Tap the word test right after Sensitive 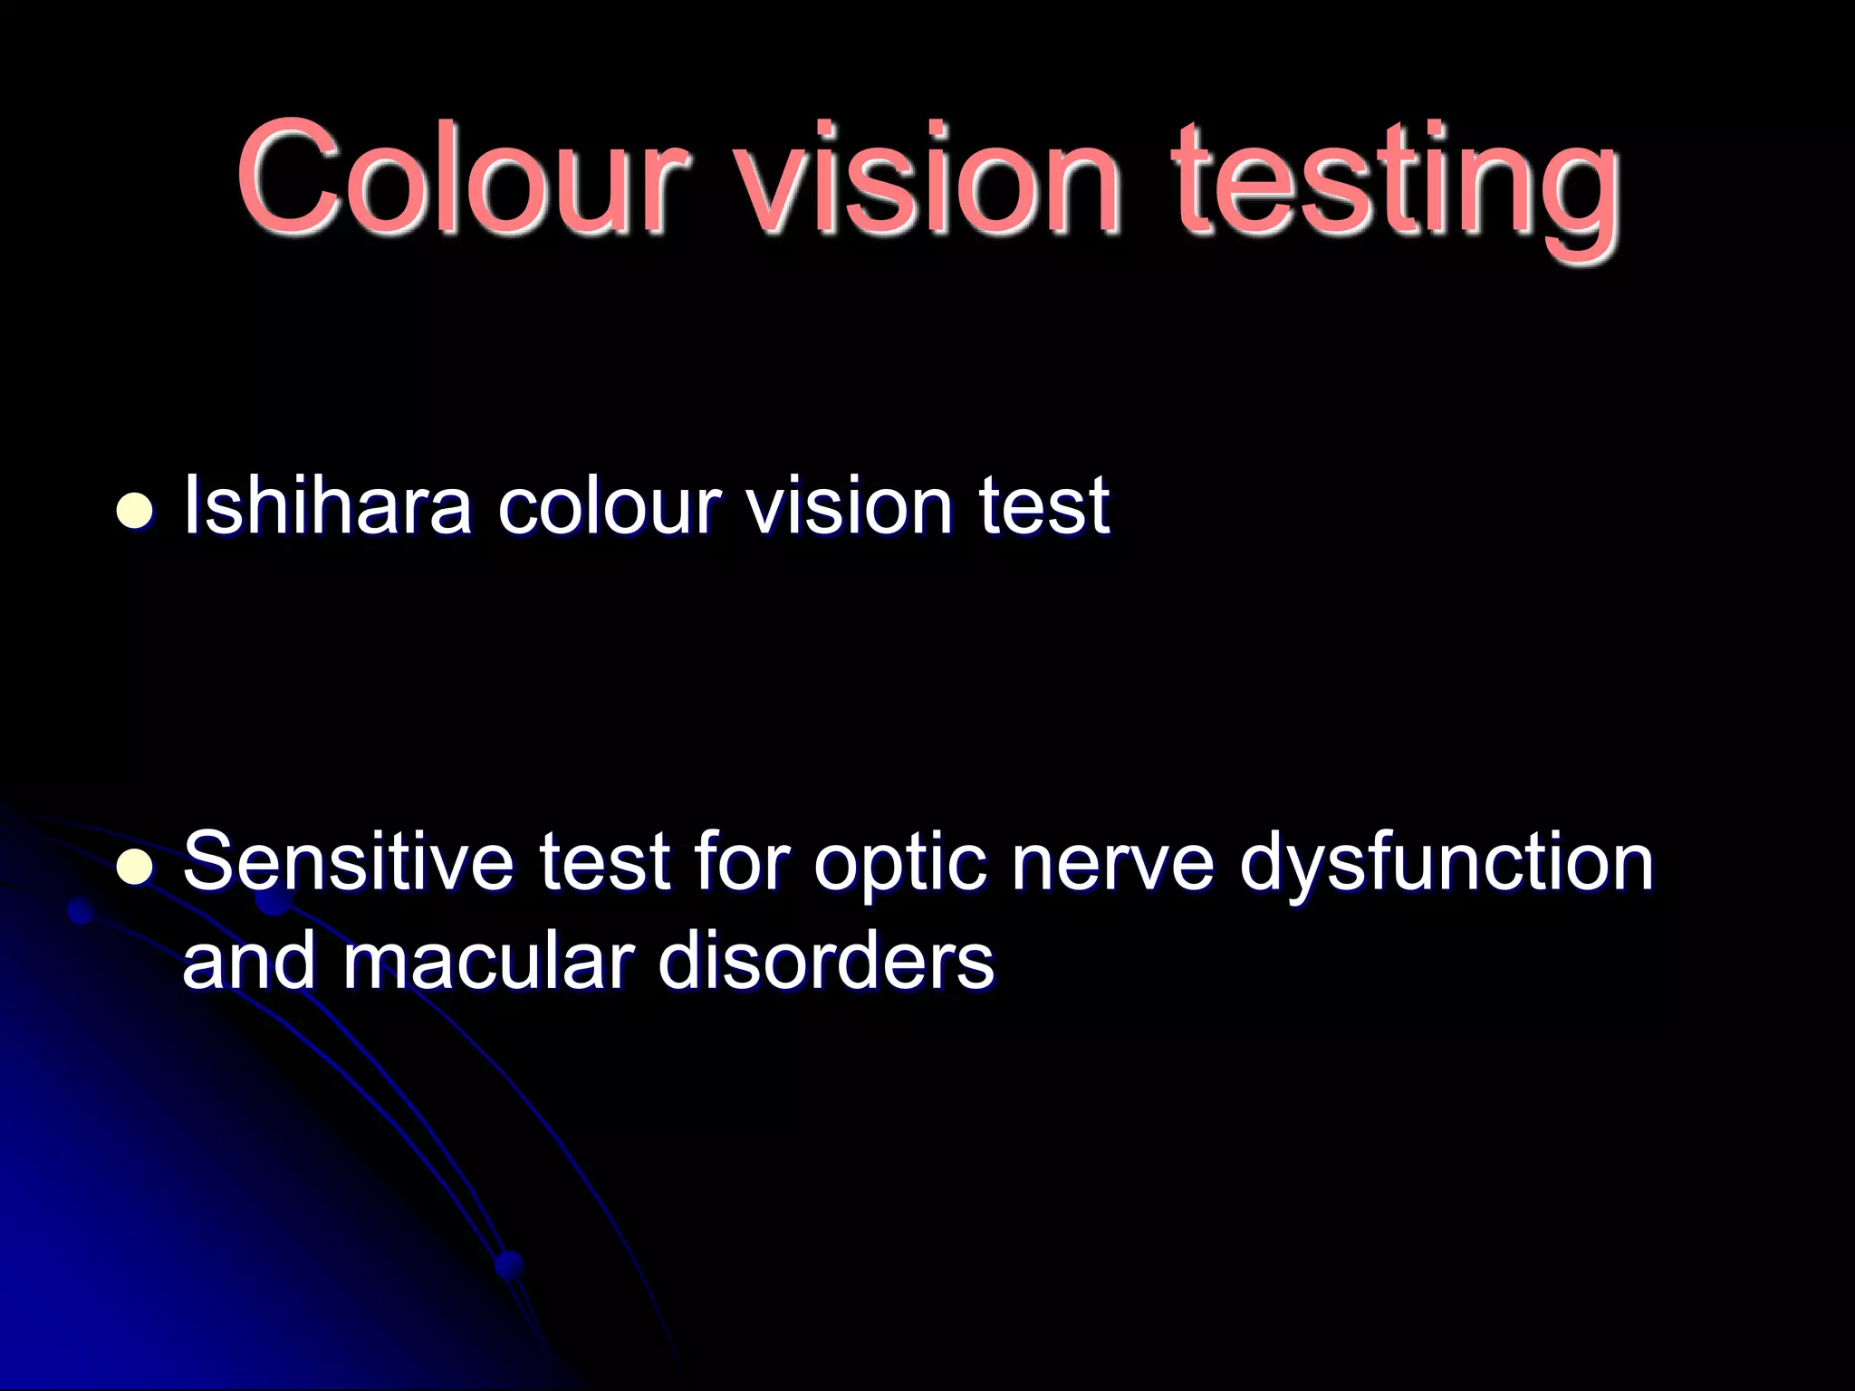605,862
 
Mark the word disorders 825,962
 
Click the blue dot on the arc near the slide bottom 509,1263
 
